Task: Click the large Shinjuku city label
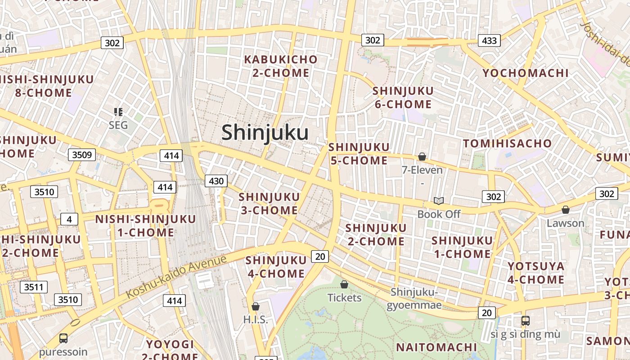pos(265,133)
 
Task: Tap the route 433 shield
pos(489,40)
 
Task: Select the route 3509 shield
pos(82,155)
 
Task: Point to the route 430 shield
pos(216,181)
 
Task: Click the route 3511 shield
pos(34,287)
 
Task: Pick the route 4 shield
pos(69,219)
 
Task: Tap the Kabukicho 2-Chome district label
pos(281,66)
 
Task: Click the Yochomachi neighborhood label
pos(526,73)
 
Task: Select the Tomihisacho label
pos(507,144)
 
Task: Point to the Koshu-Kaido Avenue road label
pos(176,277)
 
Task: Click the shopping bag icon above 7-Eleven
pos(422,157)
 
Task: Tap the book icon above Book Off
pos(439,201)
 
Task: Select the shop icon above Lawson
pos(565,210)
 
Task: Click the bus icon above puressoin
pos(63,338)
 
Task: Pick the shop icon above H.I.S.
pos(256,306)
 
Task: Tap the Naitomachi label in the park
pos(436,347)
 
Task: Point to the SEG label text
pos(118,125)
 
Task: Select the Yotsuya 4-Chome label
pos(536,273)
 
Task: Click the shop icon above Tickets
pos(344,284)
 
